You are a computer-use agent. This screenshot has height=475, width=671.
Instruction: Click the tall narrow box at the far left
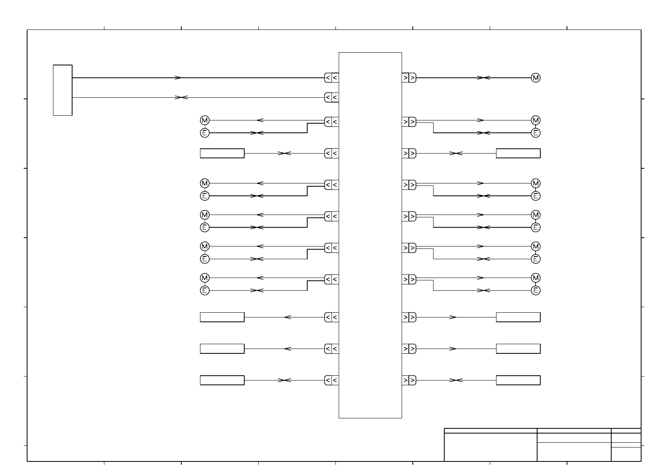pos(63,90)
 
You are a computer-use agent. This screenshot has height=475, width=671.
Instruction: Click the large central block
pos(370,235)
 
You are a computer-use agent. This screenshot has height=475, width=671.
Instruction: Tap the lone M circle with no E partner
pos(536,78)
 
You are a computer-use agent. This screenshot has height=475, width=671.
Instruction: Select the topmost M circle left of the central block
pos(204,120)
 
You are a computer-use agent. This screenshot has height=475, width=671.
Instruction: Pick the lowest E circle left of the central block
pos(204,290)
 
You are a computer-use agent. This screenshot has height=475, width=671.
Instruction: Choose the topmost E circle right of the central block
pos(536,133)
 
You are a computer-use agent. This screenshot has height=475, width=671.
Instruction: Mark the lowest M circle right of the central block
pos(536,278)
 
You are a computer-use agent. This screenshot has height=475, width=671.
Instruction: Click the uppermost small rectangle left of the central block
pos(222,153)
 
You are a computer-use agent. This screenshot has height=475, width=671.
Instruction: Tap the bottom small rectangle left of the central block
pos(222,380)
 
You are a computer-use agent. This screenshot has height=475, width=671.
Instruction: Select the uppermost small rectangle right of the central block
pos(518,153)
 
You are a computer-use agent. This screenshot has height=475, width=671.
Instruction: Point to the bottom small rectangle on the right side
pos(518,380)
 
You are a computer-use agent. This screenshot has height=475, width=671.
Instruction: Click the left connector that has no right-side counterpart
pos(332,97)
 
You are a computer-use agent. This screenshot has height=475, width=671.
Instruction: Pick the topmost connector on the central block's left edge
pos(332,78)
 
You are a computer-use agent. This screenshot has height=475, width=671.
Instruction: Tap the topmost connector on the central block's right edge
pos(409,78)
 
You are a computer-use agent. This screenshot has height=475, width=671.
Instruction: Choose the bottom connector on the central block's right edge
pos(409,380)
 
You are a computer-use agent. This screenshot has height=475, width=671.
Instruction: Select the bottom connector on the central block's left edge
pos(332,380)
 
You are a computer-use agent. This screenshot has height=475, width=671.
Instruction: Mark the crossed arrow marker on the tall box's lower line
pos(181,97)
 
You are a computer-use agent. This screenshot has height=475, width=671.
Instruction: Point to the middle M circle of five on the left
pos(204,215)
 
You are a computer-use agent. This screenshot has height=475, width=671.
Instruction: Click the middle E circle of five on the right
pos(536,227)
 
